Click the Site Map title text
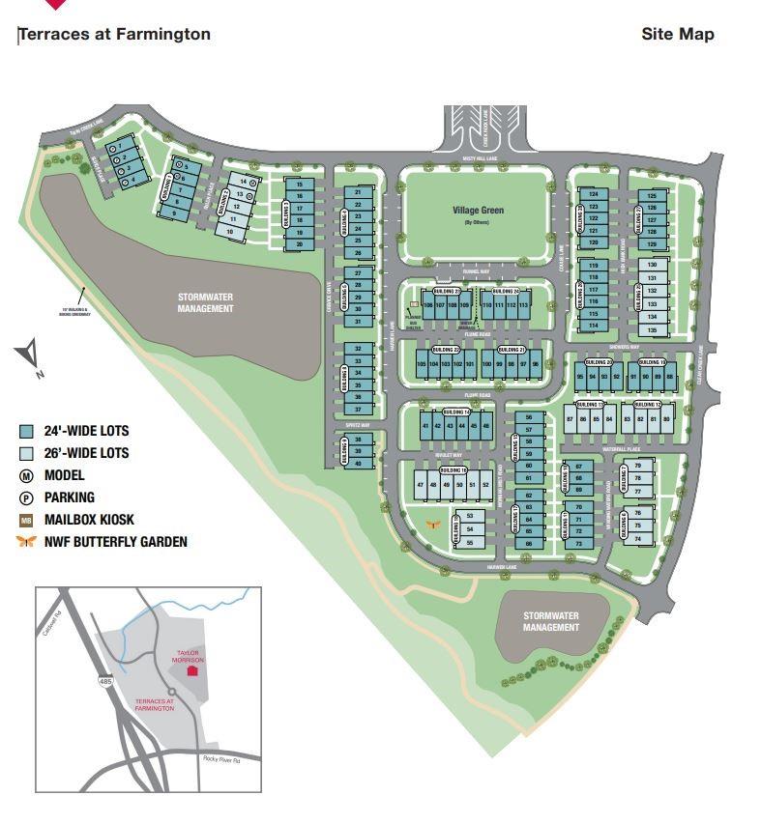coord(677,34)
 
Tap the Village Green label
coord(478,210)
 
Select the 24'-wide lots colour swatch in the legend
coord(27,431)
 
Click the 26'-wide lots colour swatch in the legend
coord(27,453)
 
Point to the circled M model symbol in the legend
coord(27,475)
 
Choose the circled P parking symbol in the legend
coord(27,497)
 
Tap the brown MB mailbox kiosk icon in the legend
coord(27,520)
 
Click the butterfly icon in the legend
coord(26,542)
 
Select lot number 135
coord(652,330)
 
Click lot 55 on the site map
coord(470,543)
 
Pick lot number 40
coord(358,463)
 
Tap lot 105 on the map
coord(422,364)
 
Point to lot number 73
coord(578,544)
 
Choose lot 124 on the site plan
coord(593,193)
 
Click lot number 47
coord(420,485)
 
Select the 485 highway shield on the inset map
coord(103,681)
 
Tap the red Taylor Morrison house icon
coord(191,669)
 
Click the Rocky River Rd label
coord(220,759)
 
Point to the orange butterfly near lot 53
coord(431,526)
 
